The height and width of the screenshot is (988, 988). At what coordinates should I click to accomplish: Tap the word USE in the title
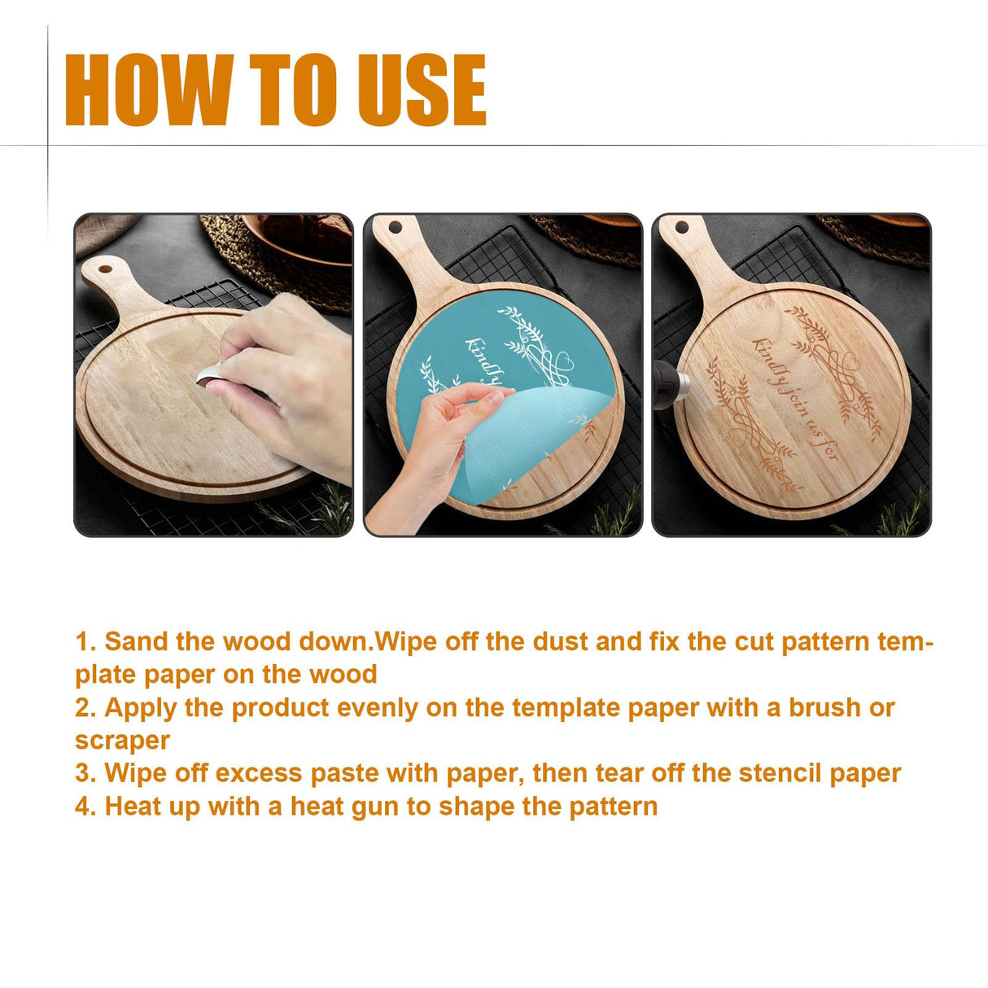tap(422, 90)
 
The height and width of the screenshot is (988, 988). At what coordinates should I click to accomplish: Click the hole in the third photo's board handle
tap(682, 227)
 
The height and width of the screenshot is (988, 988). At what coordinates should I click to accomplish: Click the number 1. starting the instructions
tap(85, 642)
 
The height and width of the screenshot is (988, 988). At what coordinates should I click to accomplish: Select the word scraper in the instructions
tap(122, 741)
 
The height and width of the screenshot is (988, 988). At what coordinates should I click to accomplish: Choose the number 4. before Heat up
tap(85, 807)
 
